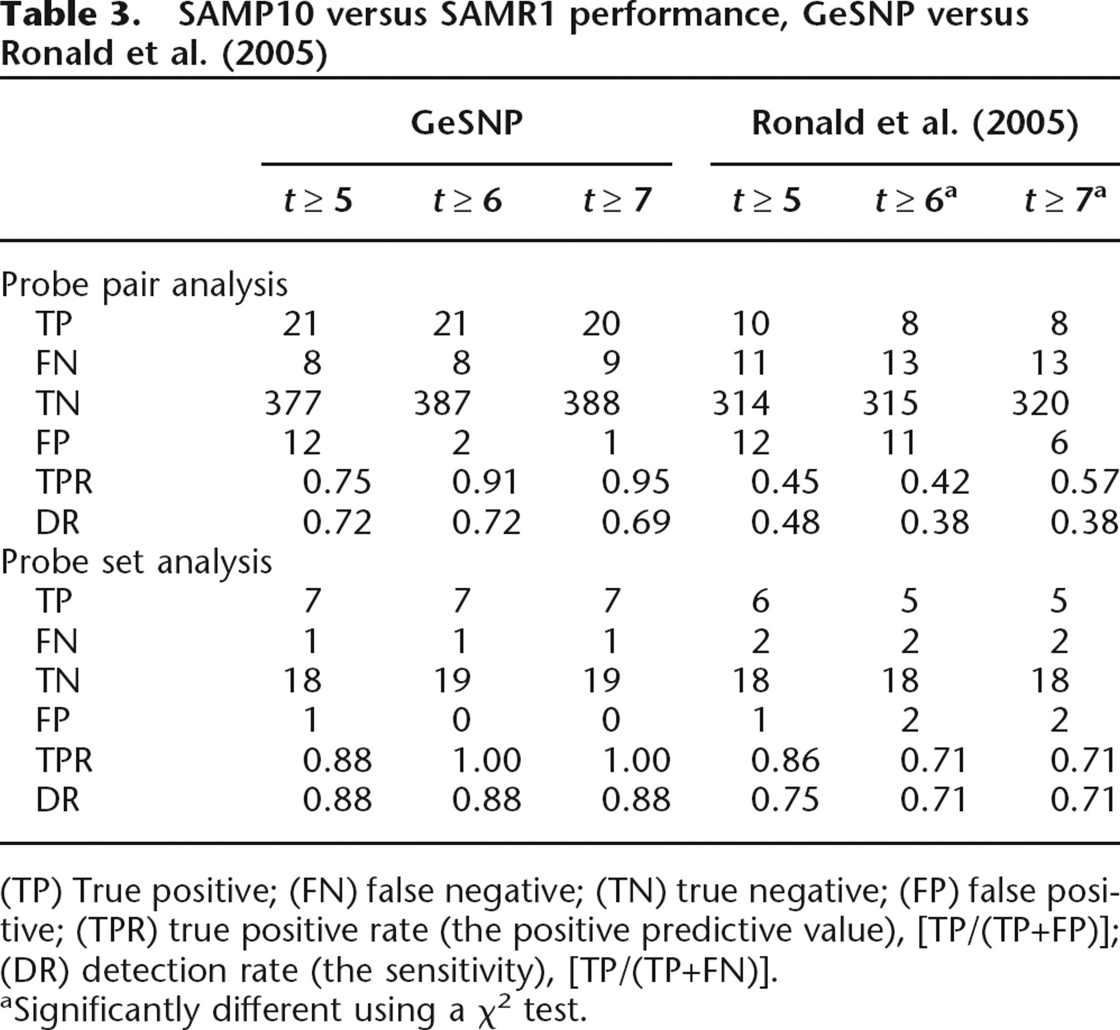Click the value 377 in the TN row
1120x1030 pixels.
coord(293,402)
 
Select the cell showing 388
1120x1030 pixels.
coord(592,402)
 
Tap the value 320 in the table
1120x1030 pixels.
coord(1040,402)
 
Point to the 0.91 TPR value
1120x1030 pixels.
coord(486,482)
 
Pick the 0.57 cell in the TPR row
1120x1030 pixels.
coord(1085,482)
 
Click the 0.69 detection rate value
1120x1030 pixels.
coord(636,522)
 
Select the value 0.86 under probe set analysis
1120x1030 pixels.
coord(785,760)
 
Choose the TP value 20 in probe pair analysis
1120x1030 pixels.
coord(601,323)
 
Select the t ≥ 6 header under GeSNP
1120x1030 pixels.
coord(467,200)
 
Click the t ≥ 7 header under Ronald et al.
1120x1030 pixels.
coord(1065,200)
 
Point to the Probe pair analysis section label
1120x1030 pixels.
coord(144,285)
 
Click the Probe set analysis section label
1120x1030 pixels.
coord(137,562)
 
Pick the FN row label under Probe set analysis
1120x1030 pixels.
coord(57,641)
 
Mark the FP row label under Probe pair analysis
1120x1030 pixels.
coord(53,442)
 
